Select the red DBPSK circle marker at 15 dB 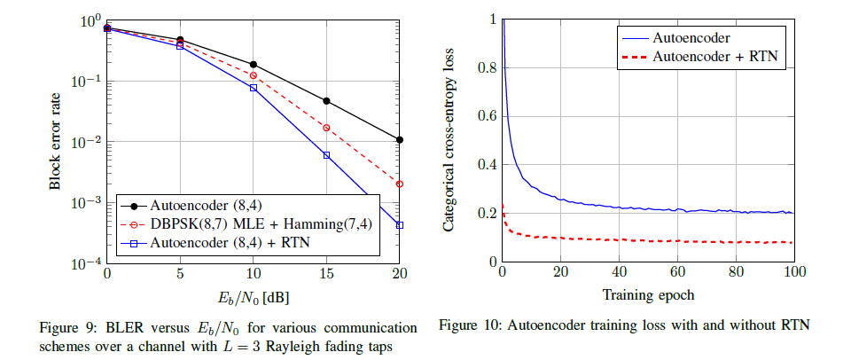tap(326, 128)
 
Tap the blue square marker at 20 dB tap(400, 225)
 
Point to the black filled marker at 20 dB tap(400, 139)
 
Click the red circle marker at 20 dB tap(400, 184)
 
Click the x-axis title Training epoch tap(647, 294)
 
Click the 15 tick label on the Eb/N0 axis tap(326, 274)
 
